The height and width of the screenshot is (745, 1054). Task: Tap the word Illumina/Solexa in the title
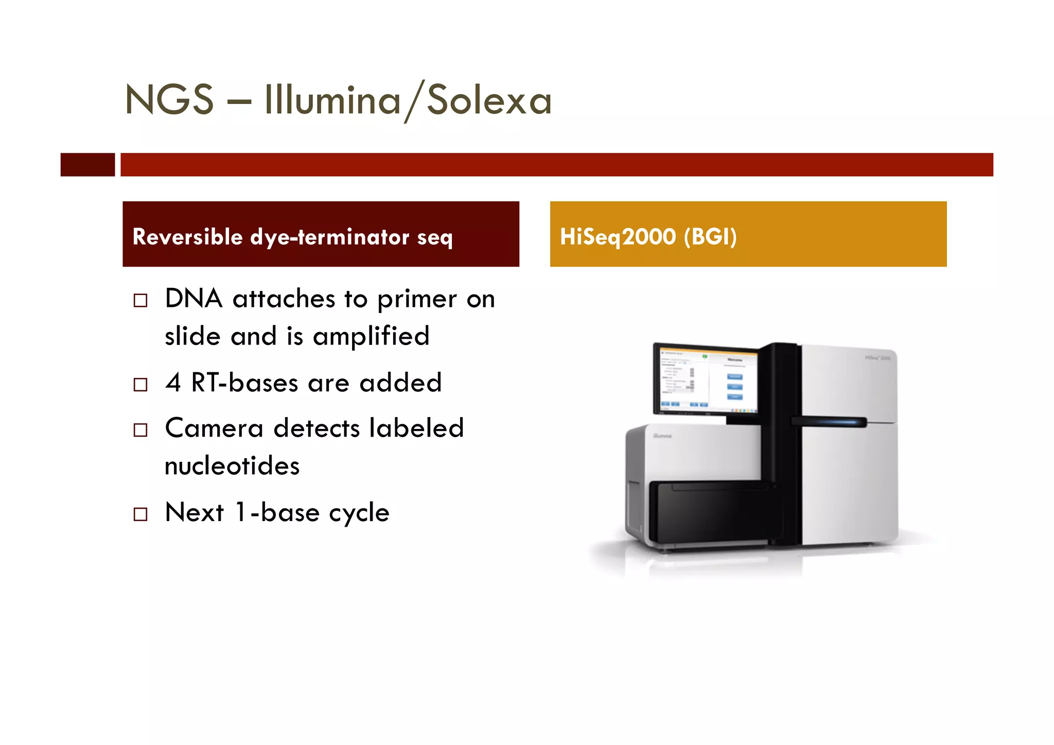pyautogui.click(x=408, y=100)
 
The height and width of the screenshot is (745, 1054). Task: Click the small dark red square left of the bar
pyautogui.click(x=87, y=165)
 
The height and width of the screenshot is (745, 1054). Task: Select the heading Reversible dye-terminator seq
pyautogui.click(x=292, y=237)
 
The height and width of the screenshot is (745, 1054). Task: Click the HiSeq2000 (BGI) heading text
pyautogui.click(x=648, y=237)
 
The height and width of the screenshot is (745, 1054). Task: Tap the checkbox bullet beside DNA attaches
pyautogui.click(x=140, y=300)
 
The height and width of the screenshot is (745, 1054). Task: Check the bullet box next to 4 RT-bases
pyautogui.click(x=140, y=385)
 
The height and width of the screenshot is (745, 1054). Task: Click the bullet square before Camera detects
pyautogui.click(x=140, y=430)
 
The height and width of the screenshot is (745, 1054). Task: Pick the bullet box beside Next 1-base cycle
pyautogui.click(x=140, y=514)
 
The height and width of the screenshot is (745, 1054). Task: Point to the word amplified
pyautogui.click(x=371, y=337)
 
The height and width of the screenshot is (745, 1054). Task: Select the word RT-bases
pyautogui.click(x=244, y=383)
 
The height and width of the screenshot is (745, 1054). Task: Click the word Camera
pyautogui.click(x=214, y=428)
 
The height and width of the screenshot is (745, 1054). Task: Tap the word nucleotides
pyautogui.click(x=232, y=466)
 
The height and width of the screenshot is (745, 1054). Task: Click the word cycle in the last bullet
pyautogui.click(x=359, y=513)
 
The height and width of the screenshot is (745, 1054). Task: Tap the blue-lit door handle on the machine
pyautogui.click(x=829, y=422)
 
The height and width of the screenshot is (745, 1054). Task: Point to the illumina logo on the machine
pyautogui.click(x=662, y=436)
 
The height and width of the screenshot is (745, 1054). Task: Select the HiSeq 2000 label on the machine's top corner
pyautogui.click(x=877, y=357)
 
